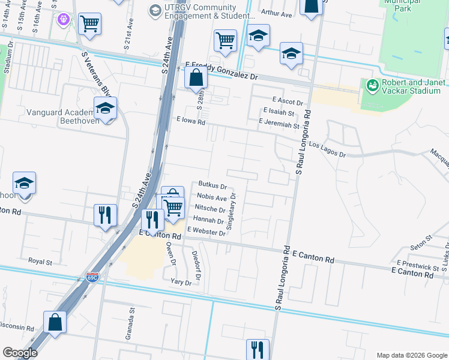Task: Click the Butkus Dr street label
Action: point(212,187)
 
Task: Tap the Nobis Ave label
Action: point(211,198)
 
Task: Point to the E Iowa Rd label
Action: point(191,121)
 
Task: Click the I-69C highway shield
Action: point(92,278)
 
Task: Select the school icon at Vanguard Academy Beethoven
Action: point(105,109)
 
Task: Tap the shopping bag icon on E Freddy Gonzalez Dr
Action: point(196,77)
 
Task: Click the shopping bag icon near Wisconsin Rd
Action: point(55,322)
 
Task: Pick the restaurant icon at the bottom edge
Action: point(258,349)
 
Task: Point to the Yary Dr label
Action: point(180,282)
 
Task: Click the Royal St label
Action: point(41,262)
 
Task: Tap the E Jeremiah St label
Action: point(279,123)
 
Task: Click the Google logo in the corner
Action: point(20,353)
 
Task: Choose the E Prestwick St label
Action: point(418,265)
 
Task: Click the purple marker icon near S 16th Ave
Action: point(64,20)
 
